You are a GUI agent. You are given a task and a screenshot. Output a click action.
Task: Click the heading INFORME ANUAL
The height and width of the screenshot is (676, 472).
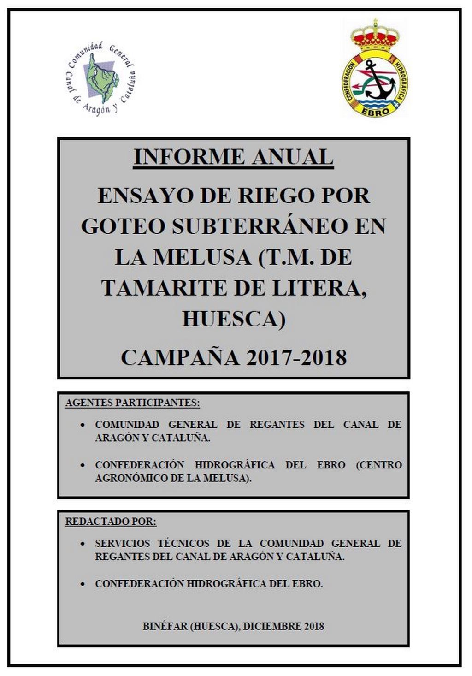(x=233, y=157)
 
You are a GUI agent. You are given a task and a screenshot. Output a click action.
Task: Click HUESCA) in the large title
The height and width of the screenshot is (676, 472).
(x=234, y=319)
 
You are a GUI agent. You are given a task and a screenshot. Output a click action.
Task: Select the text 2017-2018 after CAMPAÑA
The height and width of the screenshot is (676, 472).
(x=296, y=358)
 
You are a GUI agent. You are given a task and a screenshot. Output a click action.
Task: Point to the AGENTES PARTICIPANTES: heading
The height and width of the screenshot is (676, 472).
(x=132, y=403)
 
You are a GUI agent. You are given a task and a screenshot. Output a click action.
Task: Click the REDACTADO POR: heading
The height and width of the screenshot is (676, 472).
(x=111, y=522)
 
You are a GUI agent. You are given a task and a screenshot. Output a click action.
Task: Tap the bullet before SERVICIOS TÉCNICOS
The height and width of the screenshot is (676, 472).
(x=83, y=544)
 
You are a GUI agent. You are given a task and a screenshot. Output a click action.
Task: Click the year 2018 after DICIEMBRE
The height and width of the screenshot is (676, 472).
(x=313, y=626)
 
